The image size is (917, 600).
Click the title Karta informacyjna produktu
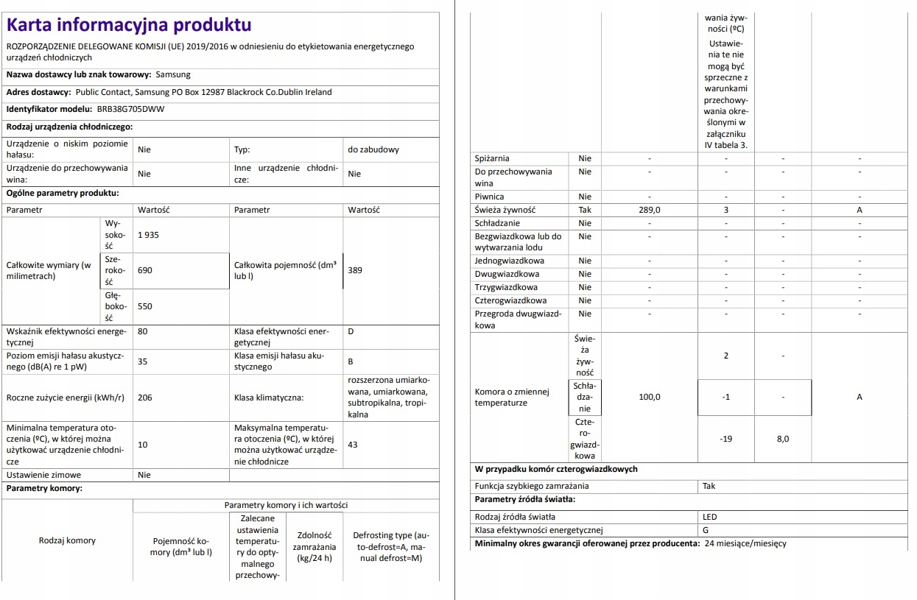pyautogui.click(x=129, y=25)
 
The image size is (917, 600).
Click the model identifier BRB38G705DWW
pyautogui.click(x=131, y=109)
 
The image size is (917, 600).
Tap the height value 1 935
pyautogui.click(x=148, y=235)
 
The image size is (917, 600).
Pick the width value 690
pyautogui.click(x=144, y=270)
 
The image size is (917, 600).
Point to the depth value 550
pyautogui.click(x=144, y=306)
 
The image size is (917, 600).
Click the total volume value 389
pyautogui.click(x=355, y=270)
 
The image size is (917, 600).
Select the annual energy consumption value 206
pyautogui.click(x=144, y=398)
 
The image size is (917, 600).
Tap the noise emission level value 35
pyautogui.click(x=143, y=361)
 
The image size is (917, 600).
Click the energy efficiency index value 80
pyautogui.click(x=143, y=331)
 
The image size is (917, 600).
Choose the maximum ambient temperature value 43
pyautogui.click(x=353, y=445)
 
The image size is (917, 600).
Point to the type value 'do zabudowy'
pyautogui.click(x=373, y=149)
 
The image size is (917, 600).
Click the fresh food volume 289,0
pyautogui.click(x=649, y=210)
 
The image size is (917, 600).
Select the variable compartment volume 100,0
pyautogui.click(x=649, y=397)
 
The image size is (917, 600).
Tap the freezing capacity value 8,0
pyautogui.click(x=782, y=439)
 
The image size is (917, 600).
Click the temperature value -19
pyautogui.click(x=725, y=439)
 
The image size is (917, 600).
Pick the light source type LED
pyautogui.click(x=709, y=517)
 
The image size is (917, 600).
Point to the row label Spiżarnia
pyautogui.click(x=492, y=158)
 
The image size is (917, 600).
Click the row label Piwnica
pyautogui.click(x=490, y=197)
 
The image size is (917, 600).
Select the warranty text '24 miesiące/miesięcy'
pyautogui.click(x=745, y=544)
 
